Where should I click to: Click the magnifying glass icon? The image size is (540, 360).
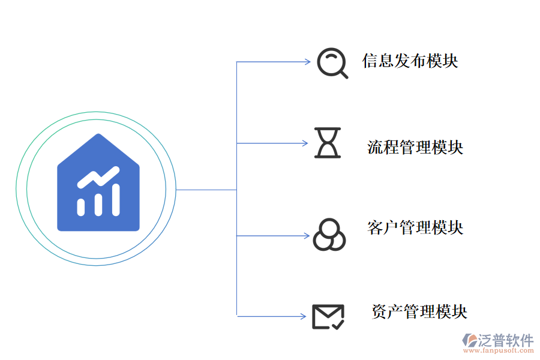pos(332,62)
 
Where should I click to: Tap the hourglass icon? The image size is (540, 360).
pos(328,143)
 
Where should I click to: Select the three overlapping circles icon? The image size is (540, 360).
pos(329,234)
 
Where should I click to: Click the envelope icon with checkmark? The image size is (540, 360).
pos(328,316)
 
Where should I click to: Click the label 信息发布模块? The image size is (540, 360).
pos(410,61)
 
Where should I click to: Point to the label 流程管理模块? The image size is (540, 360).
pos(415,147)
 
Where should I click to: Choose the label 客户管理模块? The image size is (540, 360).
pos(415,227)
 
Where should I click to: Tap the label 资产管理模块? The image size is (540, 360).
pos(419,311)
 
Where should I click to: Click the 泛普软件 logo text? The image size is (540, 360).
pos(505,340)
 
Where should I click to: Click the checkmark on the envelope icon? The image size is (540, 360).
pos(337,324)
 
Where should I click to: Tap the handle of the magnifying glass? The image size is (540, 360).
pos(344,74)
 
